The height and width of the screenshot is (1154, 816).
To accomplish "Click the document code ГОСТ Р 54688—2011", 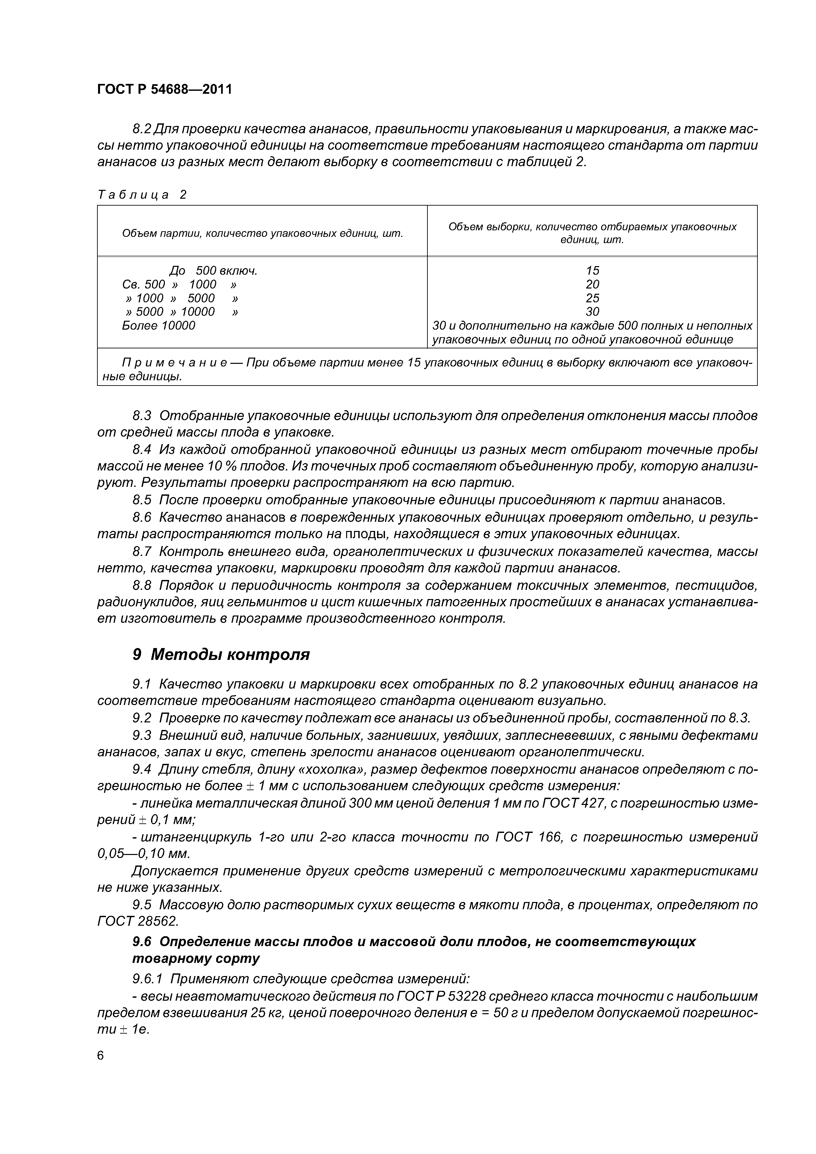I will pyautogui.click(x=165, y=90).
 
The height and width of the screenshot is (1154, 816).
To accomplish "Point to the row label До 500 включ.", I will pyautogui.click(x=213, y=271).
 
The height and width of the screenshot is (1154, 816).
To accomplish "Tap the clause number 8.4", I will pyautogui.click(x=142, y=449).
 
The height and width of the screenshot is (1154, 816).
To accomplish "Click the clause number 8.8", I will pyautogui.click(x=142, y=586).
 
